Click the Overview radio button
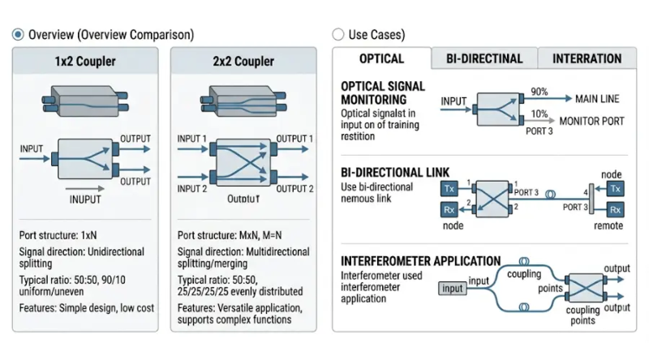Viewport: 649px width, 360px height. pyautogui.click(x=18, y=35)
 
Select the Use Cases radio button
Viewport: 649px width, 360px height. pyautogui.click(x=338, y=35)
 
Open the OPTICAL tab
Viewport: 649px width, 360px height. pyautogui.click(x=381, y=59)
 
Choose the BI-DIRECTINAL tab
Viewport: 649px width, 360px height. pyautogui.click(x=484, y=59)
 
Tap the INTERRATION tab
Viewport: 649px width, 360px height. pyautogui.click(x=587, y=59)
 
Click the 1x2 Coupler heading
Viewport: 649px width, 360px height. pyautogui.click(x=85, y=62)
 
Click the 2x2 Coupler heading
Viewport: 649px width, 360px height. pyautogui.click(x=243, y=62)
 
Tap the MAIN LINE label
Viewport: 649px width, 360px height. pyautogui.click(x=597, y=99)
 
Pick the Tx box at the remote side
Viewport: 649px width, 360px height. pyautogui.click(x=616, y=188)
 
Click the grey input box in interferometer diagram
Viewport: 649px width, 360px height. pyautogui.click(x=453, y=289)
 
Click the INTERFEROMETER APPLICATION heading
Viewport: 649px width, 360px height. pyautogui.click(x=420, y=261)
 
